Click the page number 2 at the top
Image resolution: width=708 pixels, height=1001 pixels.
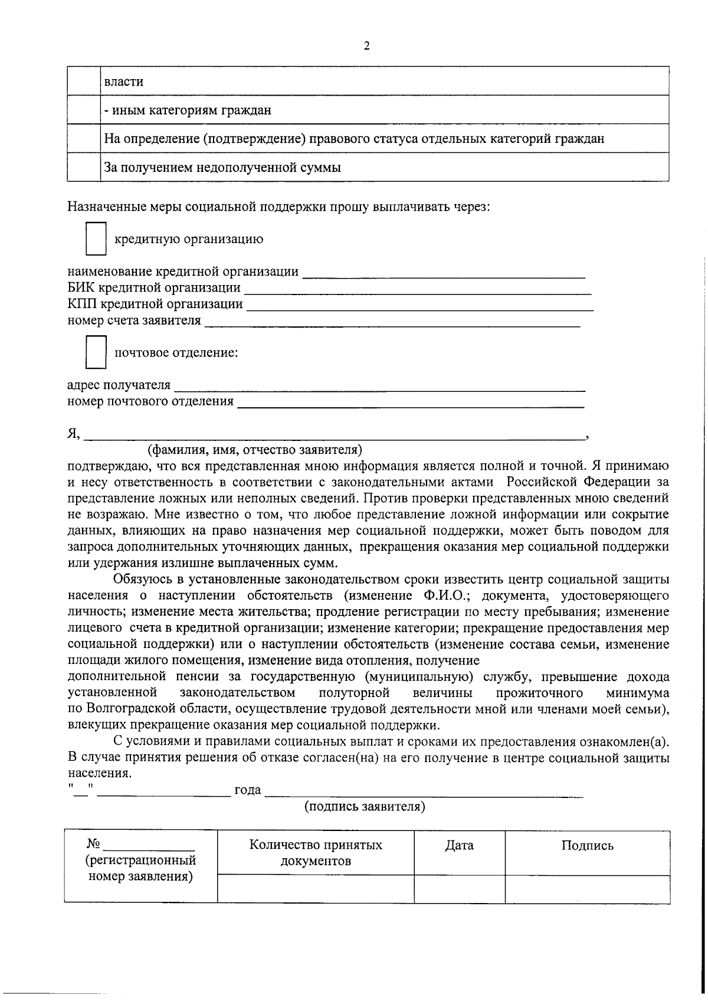pyautogui.click(x=366, y=45)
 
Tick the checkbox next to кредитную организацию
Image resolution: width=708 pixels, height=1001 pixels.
pyautogui.click(x=96, y=238)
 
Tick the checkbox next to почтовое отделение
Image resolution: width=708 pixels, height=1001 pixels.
pyautogui.click(x=96, y=352)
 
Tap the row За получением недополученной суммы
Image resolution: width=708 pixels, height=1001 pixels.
pyautogui.click(x=222, y=168)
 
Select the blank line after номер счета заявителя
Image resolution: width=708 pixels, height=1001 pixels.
pyautogui.click(x=392, y=323)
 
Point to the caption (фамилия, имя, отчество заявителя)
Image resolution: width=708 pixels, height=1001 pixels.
pyautogui.click(x=255, y=450)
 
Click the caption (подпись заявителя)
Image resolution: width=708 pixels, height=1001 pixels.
pyautogui.click(x=365, y=806)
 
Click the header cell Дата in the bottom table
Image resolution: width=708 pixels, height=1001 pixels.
pyautogui.click(x=459, y=846)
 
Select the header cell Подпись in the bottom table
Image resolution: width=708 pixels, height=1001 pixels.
pyautogui.click(x=587, y=846)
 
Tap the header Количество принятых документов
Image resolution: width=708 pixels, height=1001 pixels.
pyautogui.click(x=316, y=853)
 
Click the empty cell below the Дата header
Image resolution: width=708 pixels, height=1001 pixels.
pyautogui.click(x=459, y=888)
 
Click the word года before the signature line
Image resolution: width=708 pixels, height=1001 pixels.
pyautogui.click(x=248, y=790)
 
